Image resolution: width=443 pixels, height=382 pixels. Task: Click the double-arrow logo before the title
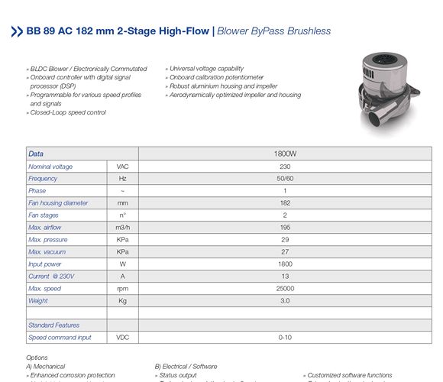(16, 31)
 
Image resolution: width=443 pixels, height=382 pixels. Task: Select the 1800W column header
(284, 154)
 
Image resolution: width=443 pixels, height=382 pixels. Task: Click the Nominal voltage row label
(50, 166)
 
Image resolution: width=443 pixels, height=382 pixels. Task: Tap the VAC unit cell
(122, 166)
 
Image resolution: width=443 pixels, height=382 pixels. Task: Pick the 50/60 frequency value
(284, 178)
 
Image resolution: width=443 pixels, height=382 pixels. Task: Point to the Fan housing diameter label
(58, 202)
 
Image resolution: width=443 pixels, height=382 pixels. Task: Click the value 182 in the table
(284, 202)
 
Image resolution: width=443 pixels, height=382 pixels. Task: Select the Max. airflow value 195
(284, 227)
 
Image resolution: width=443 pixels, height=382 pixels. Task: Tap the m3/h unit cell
(122, 227)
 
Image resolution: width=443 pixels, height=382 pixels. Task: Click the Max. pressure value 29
(284, 239)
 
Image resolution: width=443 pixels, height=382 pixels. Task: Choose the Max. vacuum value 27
(284, 251)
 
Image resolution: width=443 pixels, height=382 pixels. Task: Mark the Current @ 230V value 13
(284, 276)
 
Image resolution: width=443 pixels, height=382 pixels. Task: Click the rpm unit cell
(122, 288)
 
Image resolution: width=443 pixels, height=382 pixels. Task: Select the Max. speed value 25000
(284, 288)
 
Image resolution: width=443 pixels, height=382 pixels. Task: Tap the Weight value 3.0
(284, 300)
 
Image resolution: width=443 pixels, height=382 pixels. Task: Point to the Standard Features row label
(53, 325)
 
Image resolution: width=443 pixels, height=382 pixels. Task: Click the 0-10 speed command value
(284, 337)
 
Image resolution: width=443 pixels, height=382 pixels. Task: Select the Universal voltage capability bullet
(205, 69)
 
